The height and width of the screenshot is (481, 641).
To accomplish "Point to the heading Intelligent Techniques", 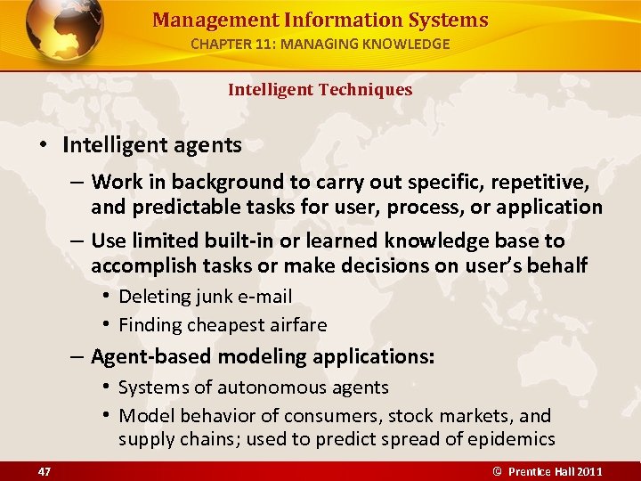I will tap(320, 89).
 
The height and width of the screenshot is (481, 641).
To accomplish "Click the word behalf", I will tap(558, 265).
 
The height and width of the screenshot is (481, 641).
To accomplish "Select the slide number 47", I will tap(45, 469).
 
